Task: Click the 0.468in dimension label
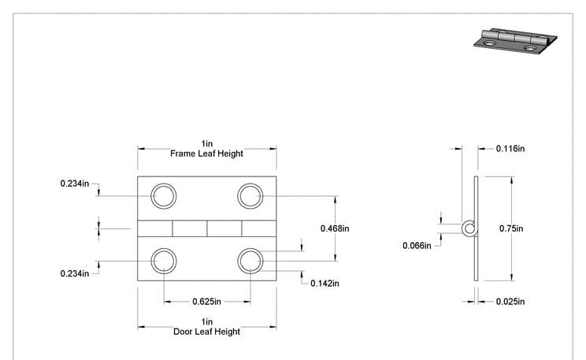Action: [x=335, y=228]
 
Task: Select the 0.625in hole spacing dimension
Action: [x=206, y=301]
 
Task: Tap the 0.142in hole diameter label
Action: [x=325, y=284]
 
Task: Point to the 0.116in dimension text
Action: [x=510, y=149]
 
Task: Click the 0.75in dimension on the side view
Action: [x=511, y=228]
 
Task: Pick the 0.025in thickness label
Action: [x=510, y=301]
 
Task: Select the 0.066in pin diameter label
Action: [x=417, y=246]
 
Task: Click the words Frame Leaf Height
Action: [x=206, y=154]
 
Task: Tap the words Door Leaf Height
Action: [x=206, y=332]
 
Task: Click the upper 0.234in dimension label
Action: [x=75, y=184]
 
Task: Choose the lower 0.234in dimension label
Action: [x=75, y=273]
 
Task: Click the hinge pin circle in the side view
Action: [x=463, y=228]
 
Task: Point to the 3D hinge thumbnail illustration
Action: [x=515, y=41]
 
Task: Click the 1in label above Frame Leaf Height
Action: [x=206, y=144]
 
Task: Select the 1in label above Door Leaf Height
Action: [x=206, y=322]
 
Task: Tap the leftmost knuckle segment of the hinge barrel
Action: [x=154, y=228]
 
